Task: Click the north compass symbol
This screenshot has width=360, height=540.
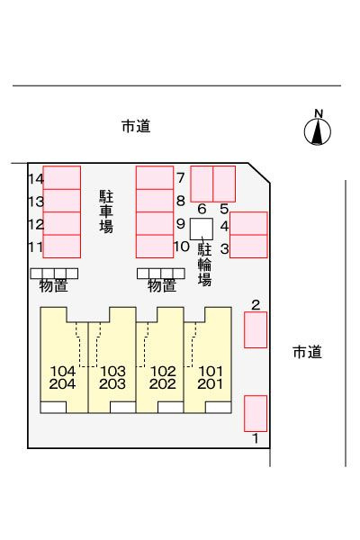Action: coord(318,129)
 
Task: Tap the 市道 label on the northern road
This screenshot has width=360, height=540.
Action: coord(136,126)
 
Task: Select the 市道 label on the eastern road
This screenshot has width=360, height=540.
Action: coord(307,352)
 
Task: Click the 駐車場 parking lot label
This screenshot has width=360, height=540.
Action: coord(106,211)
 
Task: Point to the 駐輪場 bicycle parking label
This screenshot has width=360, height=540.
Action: coord(204,265)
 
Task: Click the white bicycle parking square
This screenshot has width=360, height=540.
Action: coord(202,229)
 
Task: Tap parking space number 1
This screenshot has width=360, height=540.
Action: coord(256,413)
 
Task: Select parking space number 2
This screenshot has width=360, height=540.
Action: coord(256,329)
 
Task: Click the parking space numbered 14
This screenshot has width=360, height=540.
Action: coord(62,177)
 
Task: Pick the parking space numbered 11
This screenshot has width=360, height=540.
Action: coord(62,247)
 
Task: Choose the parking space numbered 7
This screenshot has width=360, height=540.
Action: coord(155,177)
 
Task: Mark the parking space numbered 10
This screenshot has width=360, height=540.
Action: coord(155,247)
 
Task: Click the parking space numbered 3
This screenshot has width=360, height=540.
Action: coord(248,247)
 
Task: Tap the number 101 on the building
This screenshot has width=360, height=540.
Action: coord(211,371)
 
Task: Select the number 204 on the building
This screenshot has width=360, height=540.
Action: coord(62,383)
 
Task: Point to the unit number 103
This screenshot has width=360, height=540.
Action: coord(112,371)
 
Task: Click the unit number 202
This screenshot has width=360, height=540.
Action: coord(162,383)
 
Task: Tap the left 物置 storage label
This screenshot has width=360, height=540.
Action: coord(53,285)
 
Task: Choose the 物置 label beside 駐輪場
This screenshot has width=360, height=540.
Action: coord(162,285)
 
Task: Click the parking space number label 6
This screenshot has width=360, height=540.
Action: coord(202,209)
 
